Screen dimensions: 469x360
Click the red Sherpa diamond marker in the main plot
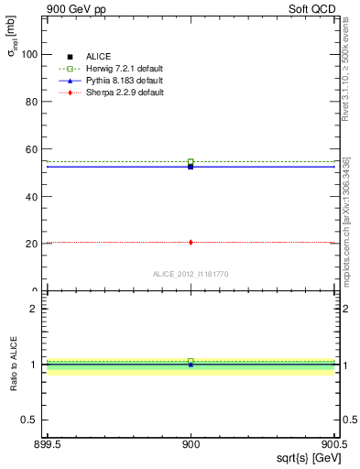[x=191, y=243]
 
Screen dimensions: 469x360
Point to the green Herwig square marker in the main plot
[x=191, y=162]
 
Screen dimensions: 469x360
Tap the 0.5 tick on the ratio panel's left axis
[x=30, y=420]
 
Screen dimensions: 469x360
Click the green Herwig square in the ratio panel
[x=191, y=361]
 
